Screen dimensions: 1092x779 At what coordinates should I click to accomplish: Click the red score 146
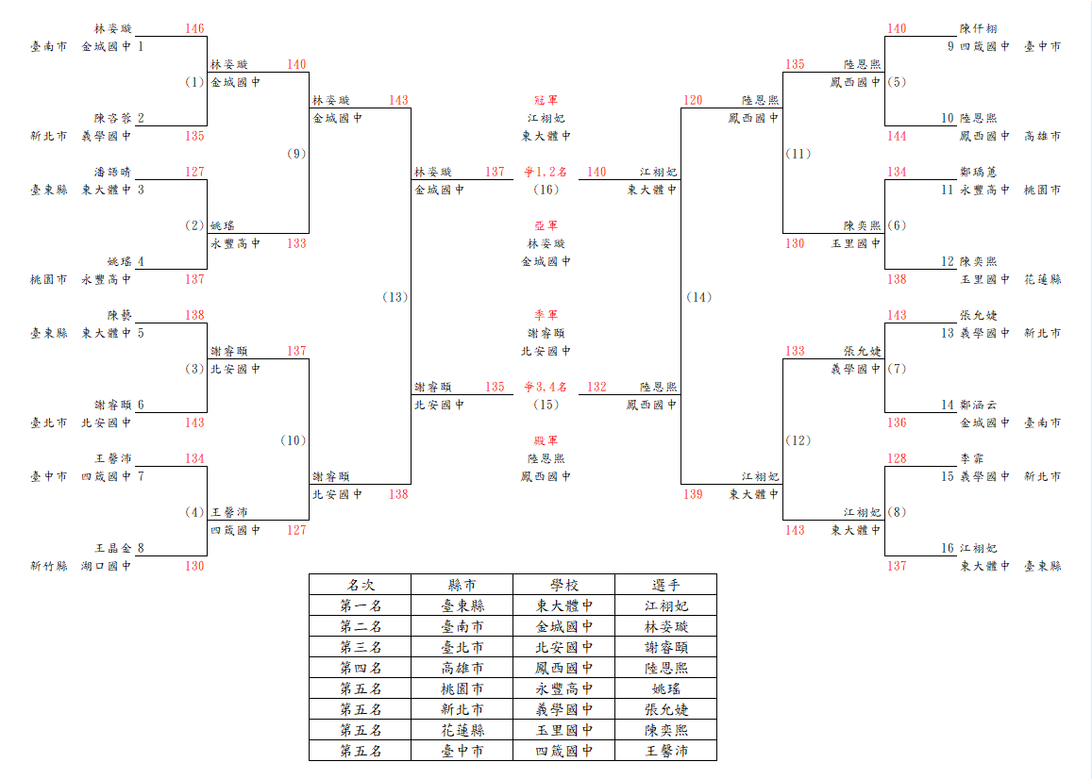[x=194, y=28]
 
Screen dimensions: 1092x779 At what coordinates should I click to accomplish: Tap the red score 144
[x=897, y=136]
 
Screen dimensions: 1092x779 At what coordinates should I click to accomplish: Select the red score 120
[x=693, y=100]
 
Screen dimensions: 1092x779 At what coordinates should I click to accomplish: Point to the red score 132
[x=596, y=387]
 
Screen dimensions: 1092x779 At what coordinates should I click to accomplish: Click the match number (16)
[x=546, y=190]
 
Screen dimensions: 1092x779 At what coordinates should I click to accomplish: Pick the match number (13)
[x=395, y=297]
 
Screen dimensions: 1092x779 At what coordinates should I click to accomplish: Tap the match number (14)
[x=699, y=297]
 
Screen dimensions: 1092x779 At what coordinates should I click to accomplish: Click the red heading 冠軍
[x=546, y=100]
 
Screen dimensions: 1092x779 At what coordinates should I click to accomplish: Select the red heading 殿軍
[x=546, y=440]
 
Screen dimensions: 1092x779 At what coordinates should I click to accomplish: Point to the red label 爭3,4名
[x=546, y=387]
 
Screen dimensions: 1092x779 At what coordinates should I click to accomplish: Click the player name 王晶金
[x=113, y=548]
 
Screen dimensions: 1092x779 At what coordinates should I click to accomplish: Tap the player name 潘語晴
[x=113, y=172]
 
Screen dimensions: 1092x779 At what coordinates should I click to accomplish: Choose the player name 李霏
[x=971, y=458]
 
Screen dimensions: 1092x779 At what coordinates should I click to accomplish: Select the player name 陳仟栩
[x=978, y=28]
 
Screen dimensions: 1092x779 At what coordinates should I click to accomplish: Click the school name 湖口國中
[x=106, y=566]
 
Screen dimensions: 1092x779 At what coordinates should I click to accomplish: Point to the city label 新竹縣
[x=49, y=566]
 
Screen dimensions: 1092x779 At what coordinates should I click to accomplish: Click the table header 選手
[x=665, y=585]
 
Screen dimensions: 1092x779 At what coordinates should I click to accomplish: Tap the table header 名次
[x=360, y=585]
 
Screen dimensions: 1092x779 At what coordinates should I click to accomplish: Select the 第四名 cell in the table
[x=361, y=669]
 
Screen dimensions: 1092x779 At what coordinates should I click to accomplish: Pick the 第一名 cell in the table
[x=361, y=605]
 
